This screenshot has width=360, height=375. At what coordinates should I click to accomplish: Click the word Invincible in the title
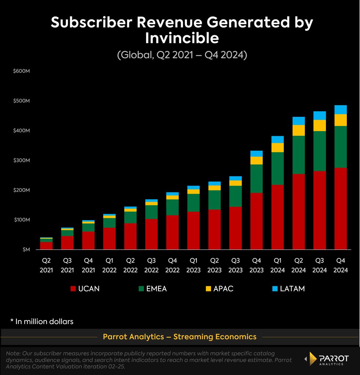click(x=182, y=38)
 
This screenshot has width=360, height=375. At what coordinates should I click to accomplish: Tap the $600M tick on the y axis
click(x=22, y=71)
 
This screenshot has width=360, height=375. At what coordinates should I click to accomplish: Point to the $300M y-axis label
click(x=22, y=160)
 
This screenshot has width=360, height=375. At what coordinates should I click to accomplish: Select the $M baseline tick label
click(x=26, y=250)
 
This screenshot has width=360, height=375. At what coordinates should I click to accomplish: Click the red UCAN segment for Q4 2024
click(x=340, y=208)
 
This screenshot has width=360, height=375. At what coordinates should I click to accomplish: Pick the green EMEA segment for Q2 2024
click(x=298, y=155)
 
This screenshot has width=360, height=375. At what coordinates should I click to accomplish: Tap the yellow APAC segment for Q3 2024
click(x=320, y=125)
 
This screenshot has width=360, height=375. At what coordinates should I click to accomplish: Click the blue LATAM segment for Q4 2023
click(x=256, y=153)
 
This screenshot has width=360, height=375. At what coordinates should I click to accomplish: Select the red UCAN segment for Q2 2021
click(x=46, y=246)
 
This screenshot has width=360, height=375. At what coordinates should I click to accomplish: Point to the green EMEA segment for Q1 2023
click(x=194, y=203)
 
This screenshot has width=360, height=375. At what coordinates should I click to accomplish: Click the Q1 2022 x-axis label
click(x=109, y=265)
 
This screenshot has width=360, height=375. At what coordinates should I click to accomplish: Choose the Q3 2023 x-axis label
click(x=235, y=265)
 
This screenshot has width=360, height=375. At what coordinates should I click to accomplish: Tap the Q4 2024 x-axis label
click(x=341, y=265)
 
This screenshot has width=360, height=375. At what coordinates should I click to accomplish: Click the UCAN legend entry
click(x=85, y=289)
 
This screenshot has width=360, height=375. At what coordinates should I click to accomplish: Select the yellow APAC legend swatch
click(x=208, y=289)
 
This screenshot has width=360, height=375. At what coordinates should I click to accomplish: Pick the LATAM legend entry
click(x=289, y=289)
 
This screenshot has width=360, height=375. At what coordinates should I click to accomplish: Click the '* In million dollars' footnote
click(x=42, y=322)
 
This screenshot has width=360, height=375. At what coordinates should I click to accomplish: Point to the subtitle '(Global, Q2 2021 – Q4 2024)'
click(x=182, y=55)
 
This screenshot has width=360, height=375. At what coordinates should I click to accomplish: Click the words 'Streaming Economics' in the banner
click(x=215, y=337)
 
